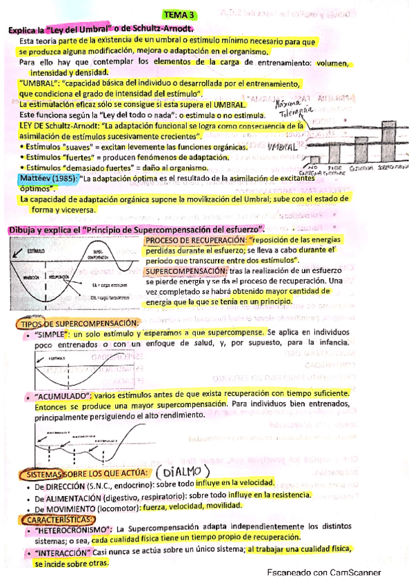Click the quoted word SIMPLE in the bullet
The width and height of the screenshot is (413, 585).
click(x=52, y=333)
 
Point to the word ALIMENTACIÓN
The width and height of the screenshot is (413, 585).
click(x=67, y=496)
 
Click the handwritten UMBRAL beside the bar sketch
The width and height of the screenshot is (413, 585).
click(x=283, y=148)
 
